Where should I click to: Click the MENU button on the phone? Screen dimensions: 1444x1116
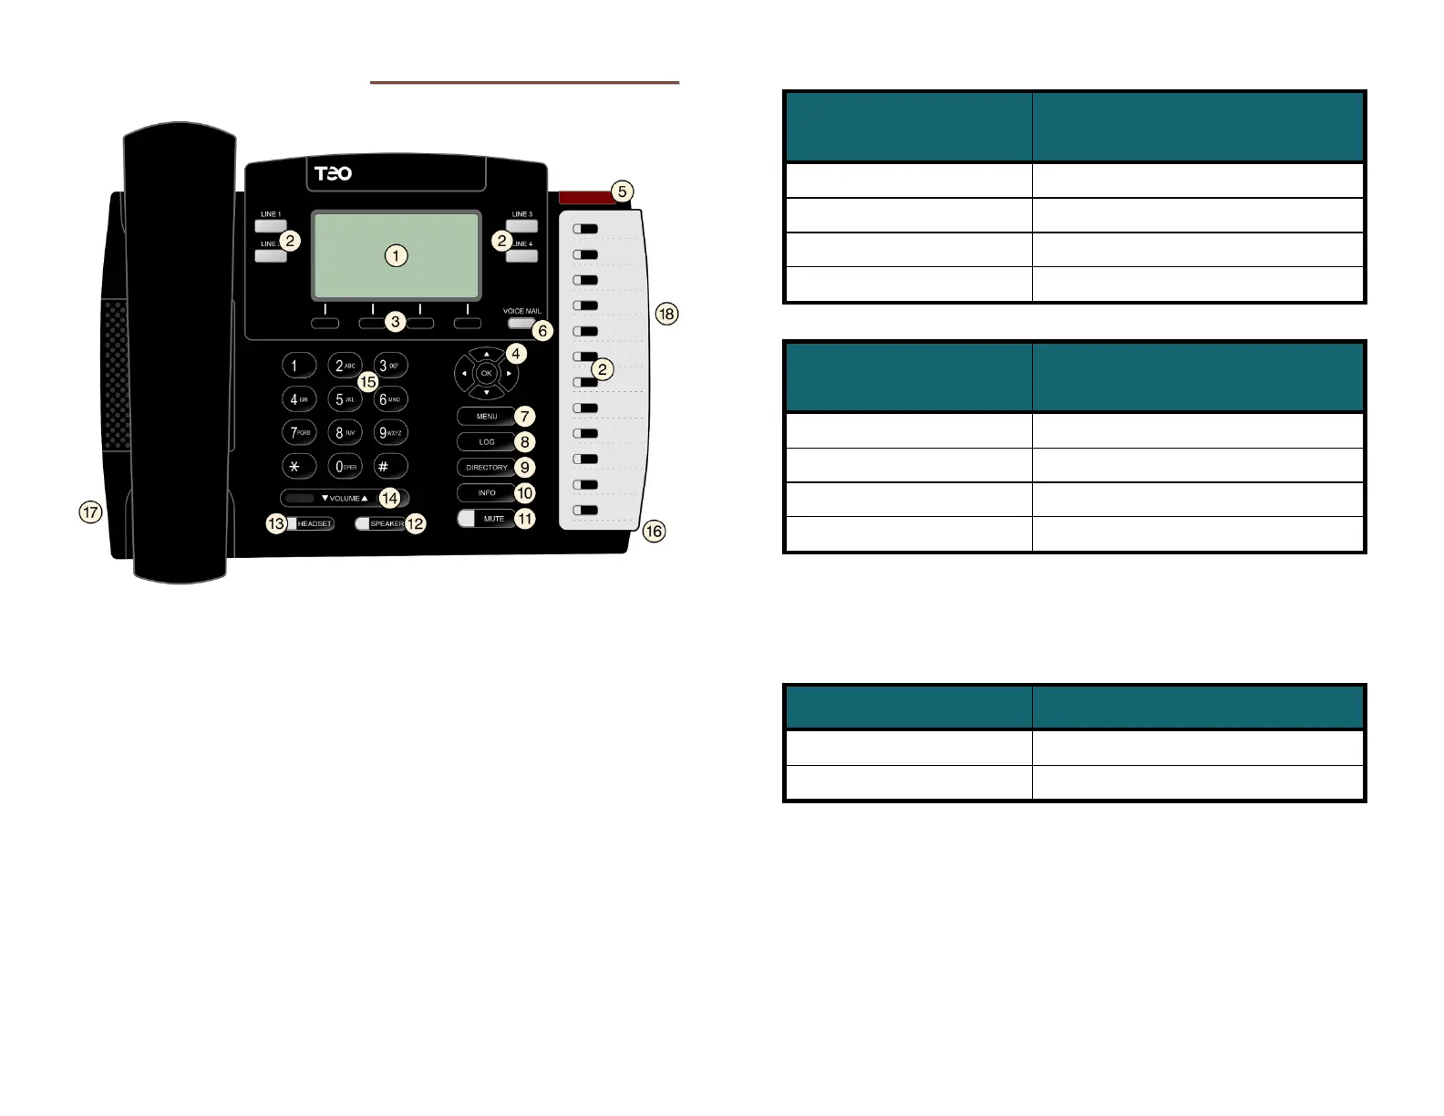pyautogui.click(x=486, y=417)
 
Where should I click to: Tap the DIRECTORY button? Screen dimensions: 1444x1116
pyautogui.click(x=486, y=468)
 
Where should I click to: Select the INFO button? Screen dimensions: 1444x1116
pyautogui.click(x=486, y=493)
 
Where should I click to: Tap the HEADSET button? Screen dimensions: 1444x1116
pyautogui.click(x=313, y=524)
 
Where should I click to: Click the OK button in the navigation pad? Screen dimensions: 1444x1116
pyautogui.click(x=486, y=373)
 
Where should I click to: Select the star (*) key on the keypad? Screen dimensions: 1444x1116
pyautogui.click(x=294, y=466)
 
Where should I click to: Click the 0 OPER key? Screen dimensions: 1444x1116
pyautogui.click(x=344, y=466)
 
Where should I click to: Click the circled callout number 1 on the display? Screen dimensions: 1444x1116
pyautogui.click(x=396, y=256)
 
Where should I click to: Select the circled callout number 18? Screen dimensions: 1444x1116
pyautogui.click(x=667, y=315)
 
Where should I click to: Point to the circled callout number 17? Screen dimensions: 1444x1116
pyautogui.click(x=90, y=513)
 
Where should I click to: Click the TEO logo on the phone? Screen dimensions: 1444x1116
pyautogui.click(x=333, y=173)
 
